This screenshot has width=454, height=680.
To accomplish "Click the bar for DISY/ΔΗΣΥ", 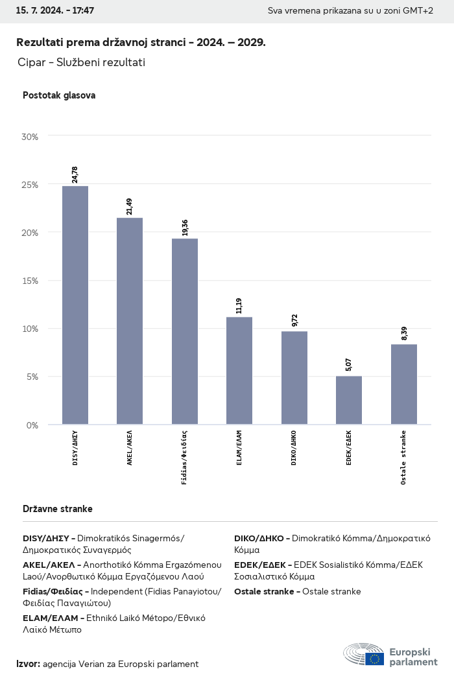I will pyautogui.click(x=75, y=305).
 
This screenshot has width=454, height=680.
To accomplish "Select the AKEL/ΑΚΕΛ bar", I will pyautogui.click(x=130, y=321).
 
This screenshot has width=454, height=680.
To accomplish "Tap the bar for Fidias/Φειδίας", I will pyautogui.click(x=185, y=331).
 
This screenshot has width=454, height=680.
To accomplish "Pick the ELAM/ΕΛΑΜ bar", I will pyautogui.click(x=239, y=371).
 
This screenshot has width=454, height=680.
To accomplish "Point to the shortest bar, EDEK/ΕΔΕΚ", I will pyautogui.click(x=349, y=400).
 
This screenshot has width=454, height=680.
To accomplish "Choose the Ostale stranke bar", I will pyautogui.click(x=403, y=384).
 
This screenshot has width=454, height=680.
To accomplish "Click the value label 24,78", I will pyautogui.click(x=75, y=174).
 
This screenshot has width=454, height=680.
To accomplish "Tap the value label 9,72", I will pyautogui.click(x=294, y=320).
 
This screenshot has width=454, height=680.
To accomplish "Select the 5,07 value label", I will pyautogui.click(x=349, y=364).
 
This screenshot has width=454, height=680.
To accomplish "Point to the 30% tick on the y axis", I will pyautogui.click(x=30, y=137).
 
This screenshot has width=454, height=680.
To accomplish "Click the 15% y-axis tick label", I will pyautogui.click(x=30, y=281).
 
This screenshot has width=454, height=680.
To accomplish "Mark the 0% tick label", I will pyautogui.click(x=32, y=425).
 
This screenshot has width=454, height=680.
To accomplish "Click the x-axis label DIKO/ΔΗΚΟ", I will pyautogui.click(x=294, y=447).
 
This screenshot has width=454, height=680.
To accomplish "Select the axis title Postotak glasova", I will pyautogui.click(x=59, y=95).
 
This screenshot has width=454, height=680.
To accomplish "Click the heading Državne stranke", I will pyautogui.click(x=58, y=509).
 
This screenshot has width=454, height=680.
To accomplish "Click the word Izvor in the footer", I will pyautogui.click(x=28, y=664).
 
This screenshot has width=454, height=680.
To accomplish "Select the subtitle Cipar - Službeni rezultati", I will pyautogui.click(x=82, y=62).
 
